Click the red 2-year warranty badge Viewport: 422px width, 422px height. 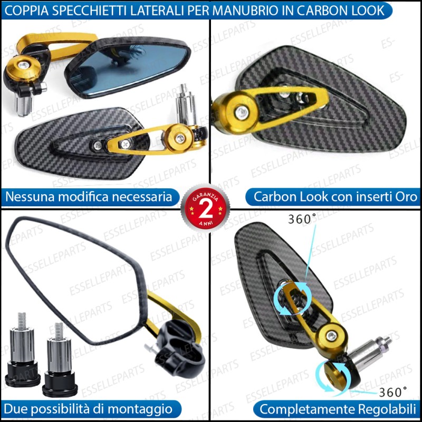[205, 208]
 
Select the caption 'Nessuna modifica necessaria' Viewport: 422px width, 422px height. [89, 197]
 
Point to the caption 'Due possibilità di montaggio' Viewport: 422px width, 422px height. [88, 409]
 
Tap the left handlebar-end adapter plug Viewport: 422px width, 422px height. [22, 350]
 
